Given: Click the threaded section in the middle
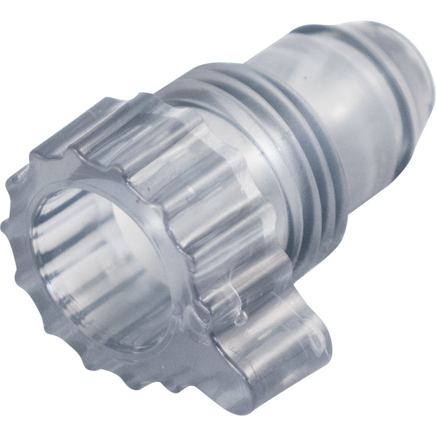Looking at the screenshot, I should click(284, 135).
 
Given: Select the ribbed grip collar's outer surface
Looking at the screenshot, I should click(203, 203).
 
